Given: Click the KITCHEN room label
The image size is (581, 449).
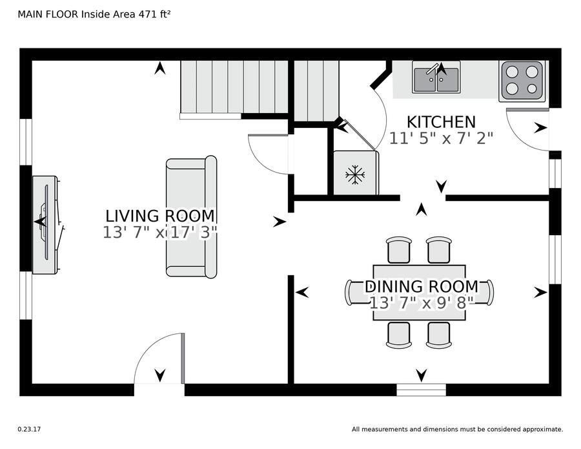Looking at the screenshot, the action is tap(441, 122).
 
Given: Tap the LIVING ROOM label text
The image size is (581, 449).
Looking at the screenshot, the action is tap(160, 216).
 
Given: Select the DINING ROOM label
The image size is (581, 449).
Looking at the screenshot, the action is tap(422, 286).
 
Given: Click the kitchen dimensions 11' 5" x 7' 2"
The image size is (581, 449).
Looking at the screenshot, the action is tap(441, 138).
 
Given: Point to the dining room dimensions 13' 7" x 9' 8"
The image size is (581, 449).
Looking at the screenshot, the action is tap(422, 303).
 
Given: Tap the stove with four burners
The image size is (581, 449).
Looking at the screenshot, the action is tap(522, 81).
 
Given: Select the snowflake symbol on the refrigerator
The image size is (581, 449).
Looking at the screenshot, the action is tap(355, 174).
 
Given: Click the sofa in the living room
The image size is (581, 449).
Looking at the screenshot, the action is tap(191, 217).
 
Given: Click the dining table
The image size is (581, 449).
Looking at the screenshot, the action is tap(420, 293).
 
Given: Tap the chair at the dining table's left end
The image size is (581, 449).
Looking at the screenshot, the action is tap(349, 293).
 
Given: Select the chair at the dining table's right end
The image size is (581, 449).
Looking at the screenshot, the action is tap(489, 293).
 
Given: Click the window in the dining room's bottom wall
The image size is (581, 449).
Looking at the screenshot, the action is tap(422, 390).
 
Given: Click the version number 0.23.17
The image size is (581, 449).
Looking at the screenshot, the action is tap(29, 430).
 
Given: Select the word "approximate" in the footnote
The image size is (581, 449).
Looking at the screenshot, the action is tap(542, 430).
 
